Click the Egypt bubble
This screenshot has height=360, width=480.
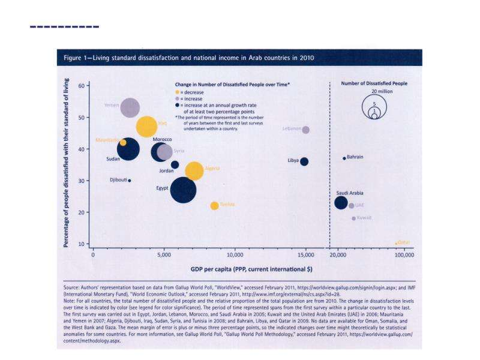(183, 190)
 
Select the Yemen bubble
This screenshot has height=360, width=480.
(130, 108)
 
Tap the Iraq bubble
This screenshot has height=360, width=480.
(147, 127)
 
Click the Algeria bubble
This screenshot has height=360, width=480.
(194, 172)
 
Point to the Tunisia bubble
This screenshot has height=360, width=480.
(214, 206)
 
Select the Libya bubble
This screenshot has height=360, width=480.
(304, 161)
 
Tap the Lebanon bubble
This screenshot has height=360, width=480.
(306, 130)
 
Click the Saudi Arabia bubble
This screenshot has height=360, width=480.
(341, 202)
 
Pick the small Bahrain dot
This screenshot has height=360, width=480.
(344, 158)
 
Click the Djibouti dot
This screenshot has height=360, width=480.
(130, 180)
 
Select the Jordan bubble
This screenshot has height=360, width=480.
(175, 164)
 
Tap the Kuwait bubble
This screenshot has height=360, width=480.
(353, 218)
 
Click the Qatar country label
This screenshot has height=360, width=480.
(403, 242)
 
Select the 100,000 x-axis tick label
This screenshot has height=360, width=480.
(404, 255)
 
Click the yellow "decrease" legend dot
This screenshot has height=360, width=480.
(177, 92)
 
